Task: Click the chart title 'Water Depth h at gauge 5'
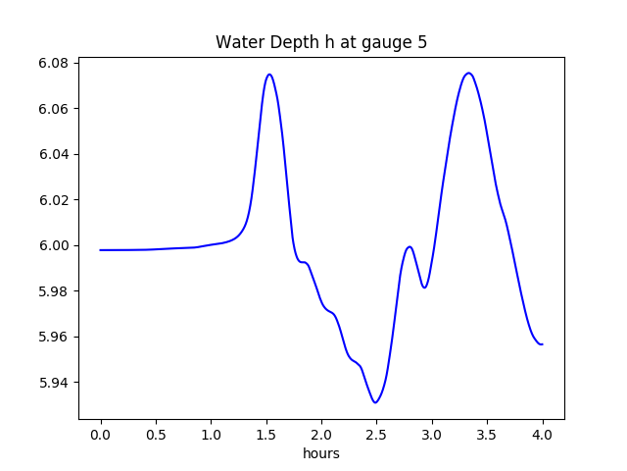[x=320, y=42]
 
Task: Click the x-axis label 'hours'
[x=320, y=454]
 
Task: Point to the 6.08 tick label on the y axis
[x=53, y=63]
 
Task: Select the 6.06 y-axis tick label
[x=53, y=109]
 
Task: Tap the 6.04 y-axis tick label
[x=53, y=154]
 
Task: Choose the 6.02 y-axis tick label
[x=53, y=200]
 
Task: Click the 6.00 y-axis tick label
[x=53, y=245]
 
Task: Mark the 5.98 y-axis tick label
[x=53, y=291]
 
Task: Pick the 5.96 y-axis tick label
[x=53, y=337]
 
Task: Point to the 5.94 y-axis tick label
[x=53, y=383]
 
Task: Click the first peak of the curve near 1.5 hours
[x=268, y=75]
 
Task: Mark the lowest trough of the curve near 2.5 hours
[x=375, y=402]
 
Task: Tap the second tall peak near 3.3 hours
[x=468, y=73]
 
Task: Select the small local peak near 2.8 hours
[x=410, y=246]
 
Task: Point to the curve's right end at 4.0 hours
[x=542, y=344]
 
